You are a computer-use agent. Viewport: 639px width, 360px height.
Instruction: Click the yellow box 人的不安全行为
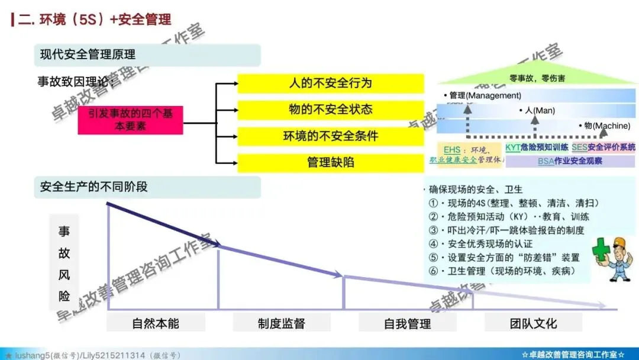(330, 83)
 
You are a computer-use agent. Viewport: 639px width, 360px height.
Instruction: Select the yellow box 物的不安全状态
(330, 110)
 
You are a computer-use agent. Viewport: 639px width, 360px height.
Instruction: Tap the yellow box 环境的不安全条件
(330, 136)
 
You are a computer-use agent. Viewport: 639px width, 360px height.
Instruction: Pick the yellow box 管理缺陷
(330, 162)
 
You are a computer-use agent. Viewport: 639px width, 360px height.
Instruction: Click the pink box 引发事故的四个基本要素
(131, 120)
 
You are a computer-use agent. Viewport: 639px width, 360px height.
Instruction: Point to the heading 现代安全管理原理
(88, 54)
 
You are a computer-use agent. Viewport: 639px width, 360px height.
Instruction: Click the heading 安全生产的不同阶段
(93, 187)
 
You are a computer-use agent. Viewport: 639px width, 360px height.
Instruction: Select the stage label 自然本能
(156, 323)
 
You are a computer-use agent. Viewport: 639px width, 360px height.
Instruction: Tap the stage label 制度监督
(282, 323)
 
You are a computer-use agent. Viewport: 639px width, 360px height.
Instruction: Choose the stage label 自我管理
(407, 323)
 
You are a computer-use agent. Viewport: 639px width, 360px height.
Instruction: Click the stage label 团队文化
(533, 323)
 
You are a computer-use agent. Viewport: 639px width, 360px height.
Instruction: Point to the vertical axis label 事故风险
(64, 263)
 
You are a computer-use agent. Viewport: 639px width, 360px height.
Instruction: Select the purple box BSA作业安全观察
(570, 160)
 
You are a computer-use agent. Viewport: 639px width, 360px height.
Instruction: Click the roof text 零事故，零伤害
(537, 78)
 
